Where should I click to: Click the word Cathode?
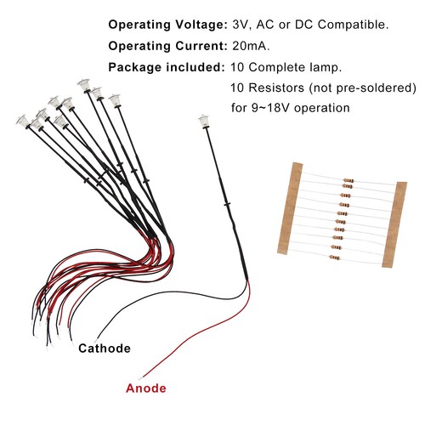(x=105, y=348)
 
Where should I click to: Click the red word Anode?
(x=146, y=388)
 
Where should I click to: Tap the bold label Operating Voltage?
(x=168, y=25)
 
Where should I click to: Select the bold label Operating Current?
(x=168, y=46)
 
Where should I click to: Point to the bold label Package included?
(x=167, y=67)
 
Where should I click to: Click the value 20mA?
(x=251, y=46)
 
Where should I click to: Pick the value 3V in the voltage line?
(x=241, y=25)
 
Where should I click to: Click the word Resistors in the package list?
(x=276, y=88)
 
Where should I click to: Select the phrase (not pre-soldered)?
(x=363, y=88)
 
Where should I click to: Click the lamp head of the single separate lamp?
(x=204, y=121)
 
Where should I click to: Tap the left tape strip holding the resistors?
(x=290, y=208)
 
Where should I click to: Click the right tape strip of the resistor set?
(x=394, y=224)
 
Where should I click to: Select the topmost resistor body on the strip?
(x=348, y=180)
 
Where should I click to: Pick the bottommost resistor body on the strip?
(x=335, y=258)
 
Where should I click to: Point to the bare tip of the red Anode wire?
(x=140, y=378)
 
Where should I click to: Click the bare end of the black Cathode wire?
(x=97, y=341)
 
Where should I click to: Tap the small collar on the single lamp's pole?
(x=227, y=204)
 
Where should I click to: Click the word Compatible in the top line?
(x=353, y=25)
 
